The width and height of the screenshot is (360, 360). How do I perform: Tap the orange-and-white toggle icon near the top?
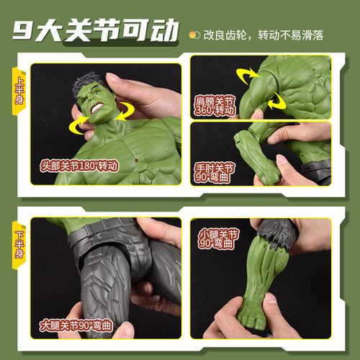(x=194, y=34)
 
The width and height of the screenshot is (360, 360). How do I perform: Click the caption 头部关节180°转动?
(x=79, y=165)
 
